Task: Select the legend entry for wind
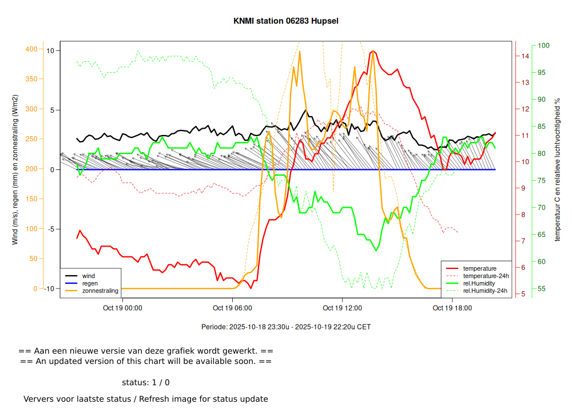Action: point(88,276)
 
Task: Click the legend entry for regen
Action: point(90,283)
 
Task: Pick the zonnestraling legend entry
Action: point(100,291)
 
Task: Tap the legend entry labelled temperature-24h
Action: point(486,276)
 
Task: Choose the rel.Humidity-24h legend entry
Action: point(485,291)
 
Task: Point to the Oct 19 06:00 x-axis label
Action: point(232,308)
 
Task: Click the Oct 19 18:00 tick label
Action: point(452,308)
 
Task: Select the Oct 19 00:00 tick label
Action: point(122,308)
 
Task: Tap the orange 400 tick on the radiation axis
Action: point(31,49)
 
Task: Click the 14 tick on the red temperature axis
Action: point(525,56)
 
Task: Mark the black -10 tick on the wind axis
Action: point(50,288)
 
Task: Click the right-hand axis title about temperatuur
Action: point(557,169)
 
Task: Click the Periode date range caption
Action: point(286,327)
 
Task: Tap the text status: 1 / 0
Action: point(146,382)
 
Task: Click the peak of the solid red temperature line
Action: point(372,51)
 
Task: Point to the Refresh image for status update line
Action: point(146,399)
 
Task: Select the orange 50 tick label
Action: point(33,259)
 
